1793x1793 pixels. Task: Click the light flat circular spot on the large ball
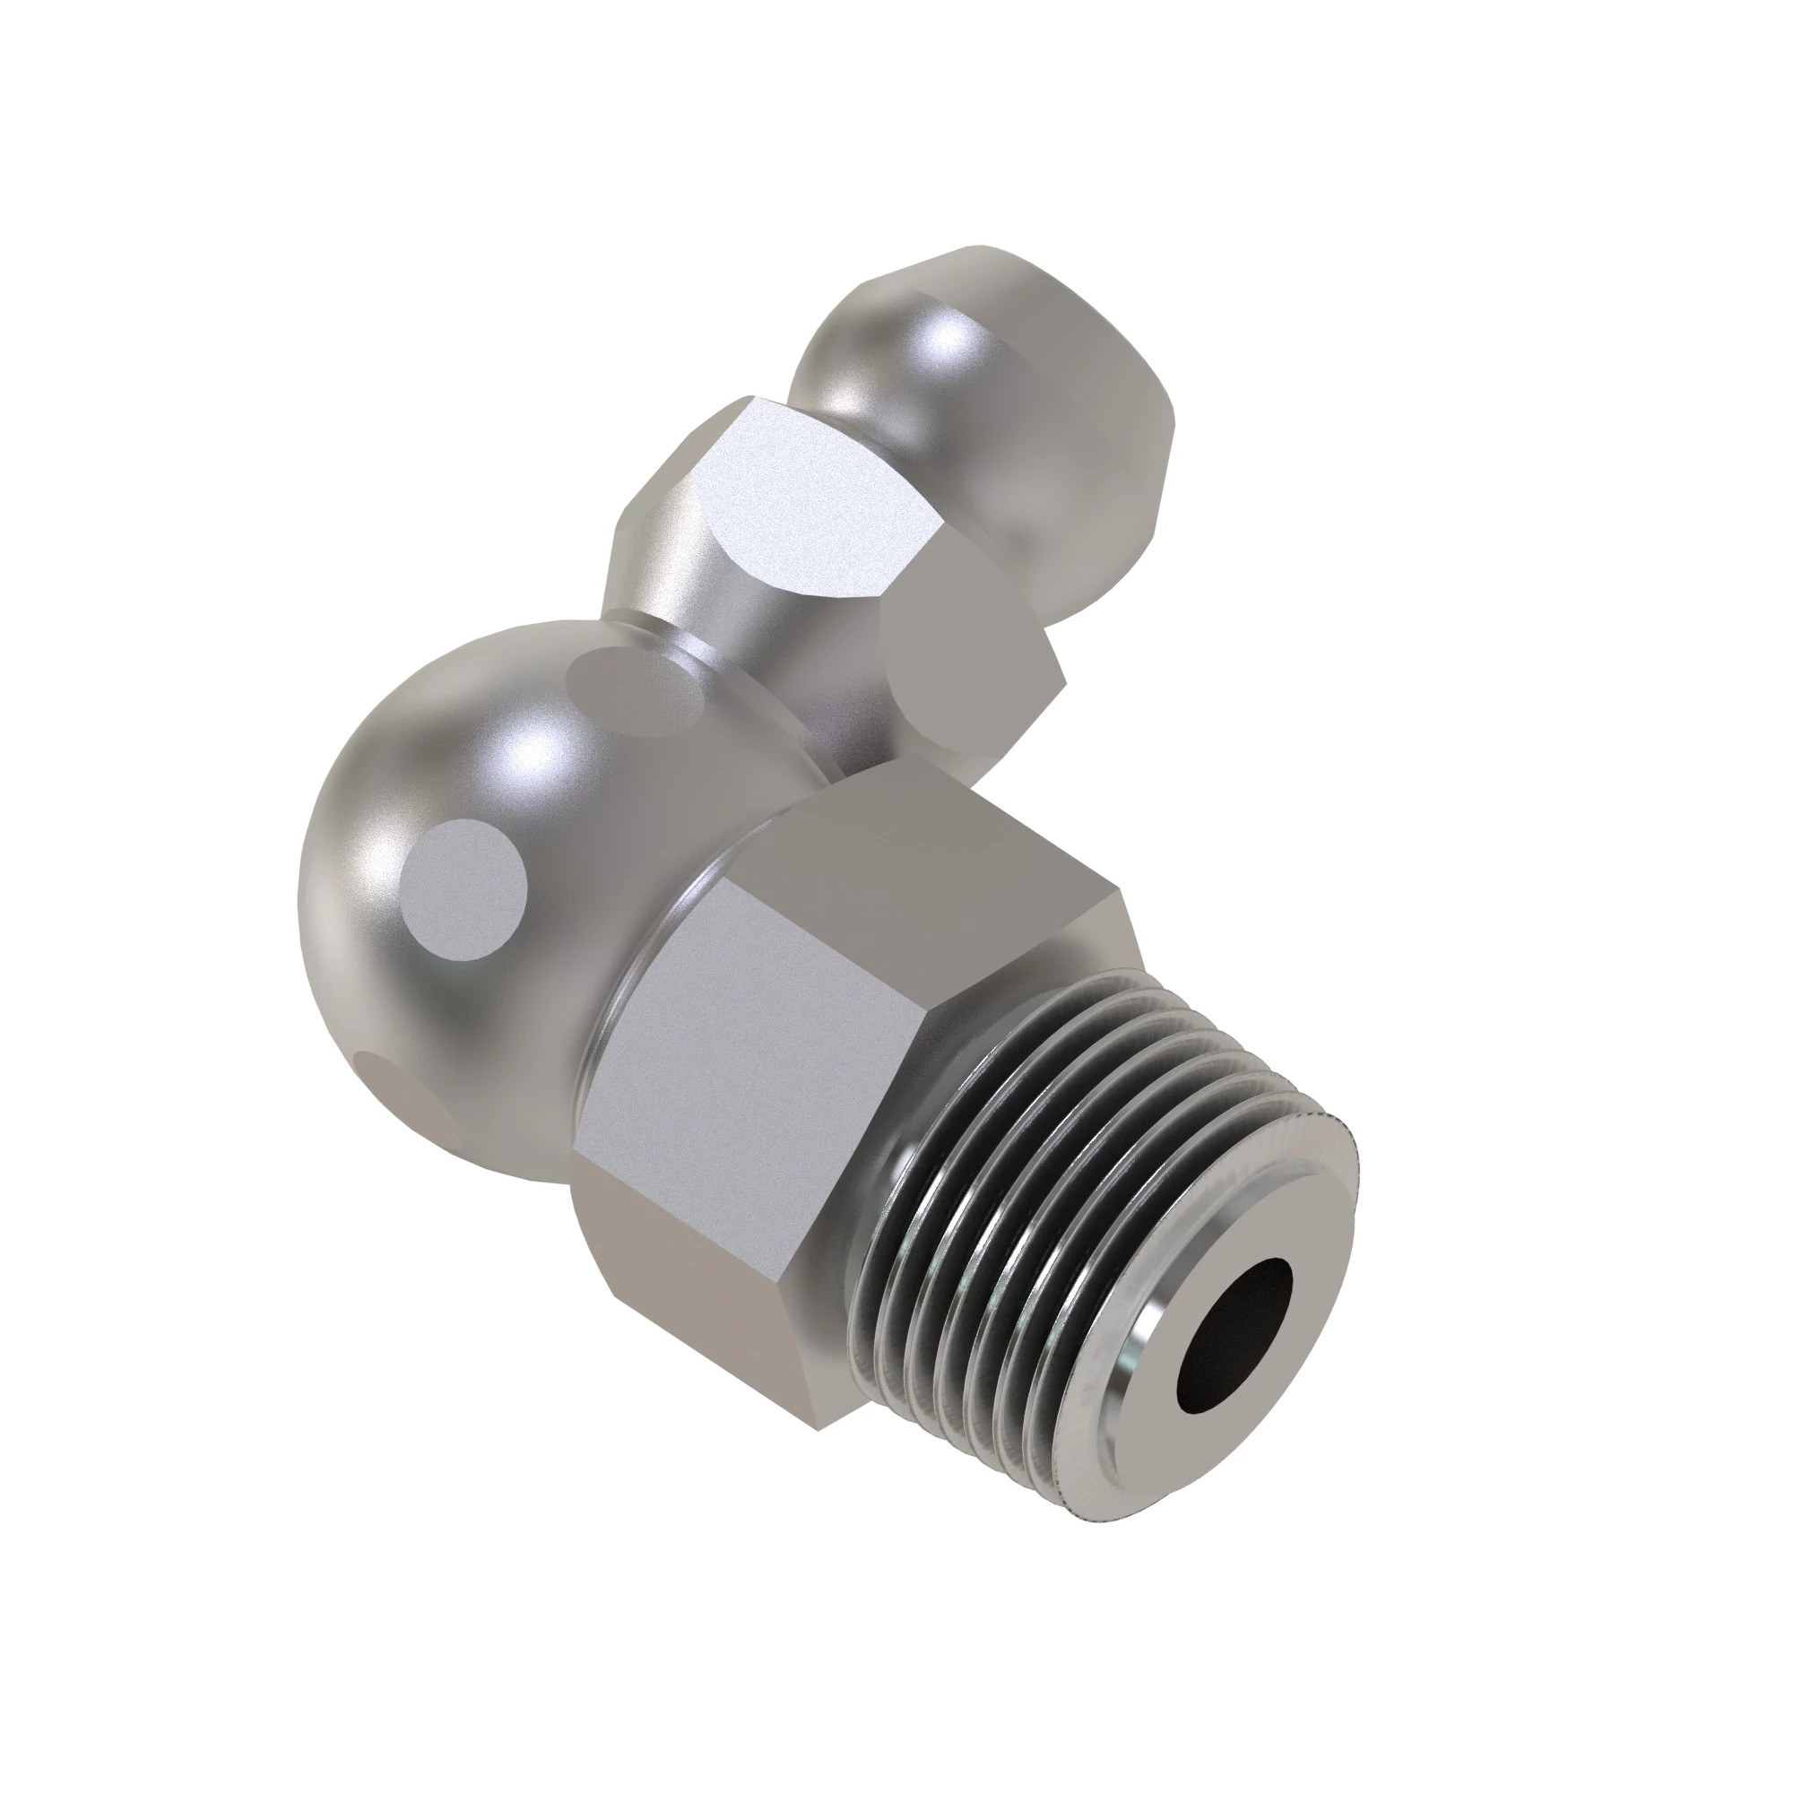[464, 891]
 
